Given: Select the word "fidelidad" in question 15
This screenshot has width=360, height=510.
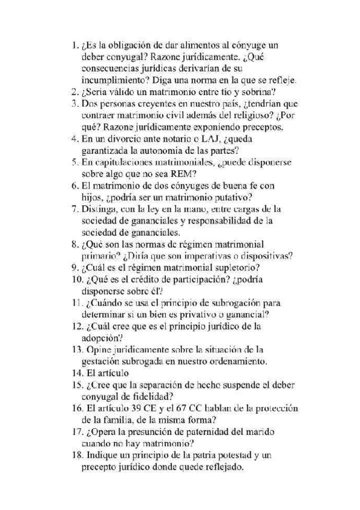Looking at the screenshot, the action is coord(151,396).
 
